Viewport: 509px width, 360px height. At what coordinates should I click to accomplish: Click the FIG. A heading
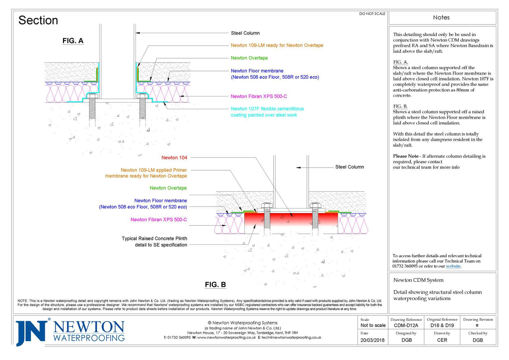tap(73, 41)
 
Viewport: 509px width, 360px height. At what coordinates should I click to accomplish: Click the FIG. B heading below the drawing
tap(215, 285)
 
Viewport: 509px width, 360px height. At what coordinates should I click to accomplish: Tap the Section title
tap(38, 20)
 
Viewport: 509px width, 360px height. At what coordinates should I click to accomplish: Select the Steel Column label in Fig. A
tap(245, 33)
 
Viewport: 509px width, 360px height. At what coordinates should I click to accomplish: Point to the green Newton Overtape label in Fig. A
tap(249, 58)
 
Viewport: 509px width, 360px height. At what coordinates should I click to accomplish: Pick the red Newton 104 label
tap(174, 158)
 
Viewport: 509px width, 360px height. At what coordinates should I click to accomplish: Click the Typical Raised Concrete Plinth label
tap(155, 242)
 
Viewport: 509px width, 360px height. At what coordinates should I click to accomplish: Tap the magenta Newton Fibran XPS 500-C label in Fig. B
tap(159, 220)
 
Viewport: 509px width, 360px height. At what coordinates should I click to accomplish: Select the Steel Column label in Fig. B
tap(349, 167)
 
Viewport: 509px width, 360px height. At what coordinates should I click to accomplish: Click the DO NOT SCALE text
tap(372, 14)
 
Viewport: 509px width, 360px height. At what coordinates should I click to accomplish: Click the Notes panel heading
tap(441, 18)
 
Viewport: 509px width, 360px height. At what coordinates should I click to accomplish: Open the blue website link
tap(453, 266)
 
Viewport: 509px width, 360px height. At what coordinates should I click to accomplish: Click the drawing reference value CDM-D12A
tap(406, 325)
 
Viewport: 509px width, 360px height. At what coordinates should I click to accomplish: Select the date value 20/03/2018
tap(372, 340)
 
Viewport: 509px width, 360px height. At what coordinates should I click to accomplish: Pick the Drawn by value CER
tap(442, 340)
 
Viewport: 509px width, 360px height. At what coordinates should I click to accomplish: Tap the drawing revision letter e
tap(477, 325)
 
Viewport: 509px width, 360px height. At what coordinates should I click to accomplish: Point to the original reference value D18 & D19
tap(442, 325)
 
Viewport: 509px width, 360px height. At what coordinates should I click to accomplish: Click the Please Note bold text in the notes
tap(406, 156)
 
